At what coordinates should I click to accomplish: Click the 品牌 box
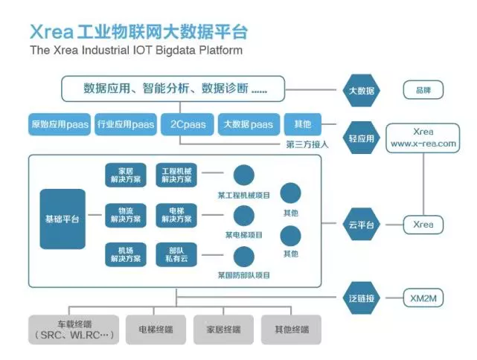[423, 91]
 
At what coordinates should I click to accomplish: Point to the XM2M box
[423, 298]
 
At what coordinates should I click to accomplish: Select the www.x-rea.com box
[422, 138]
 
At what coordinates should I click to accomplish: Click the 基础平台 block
[63, 219]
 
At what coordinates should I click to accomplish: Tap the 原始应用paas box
[59, 124]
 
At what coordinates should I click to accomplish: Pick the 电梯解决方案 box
[176, 215]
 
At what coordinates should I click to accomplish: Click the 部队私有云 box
[176, 254]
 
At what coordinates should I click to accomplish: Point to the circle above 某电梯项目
[243, 216]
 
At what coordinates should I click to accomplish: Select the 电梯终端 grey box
[156, 329]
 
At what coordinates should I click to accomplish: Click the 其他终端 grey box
[292, 329]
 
